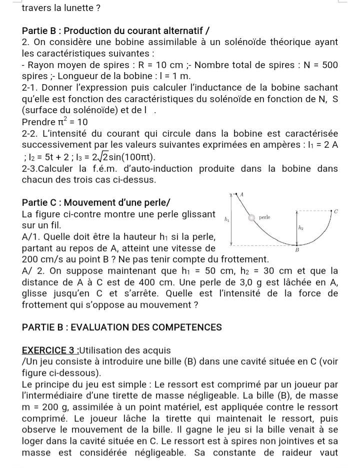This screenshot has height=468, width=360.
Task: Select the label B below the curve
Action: tap(296, 249)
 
